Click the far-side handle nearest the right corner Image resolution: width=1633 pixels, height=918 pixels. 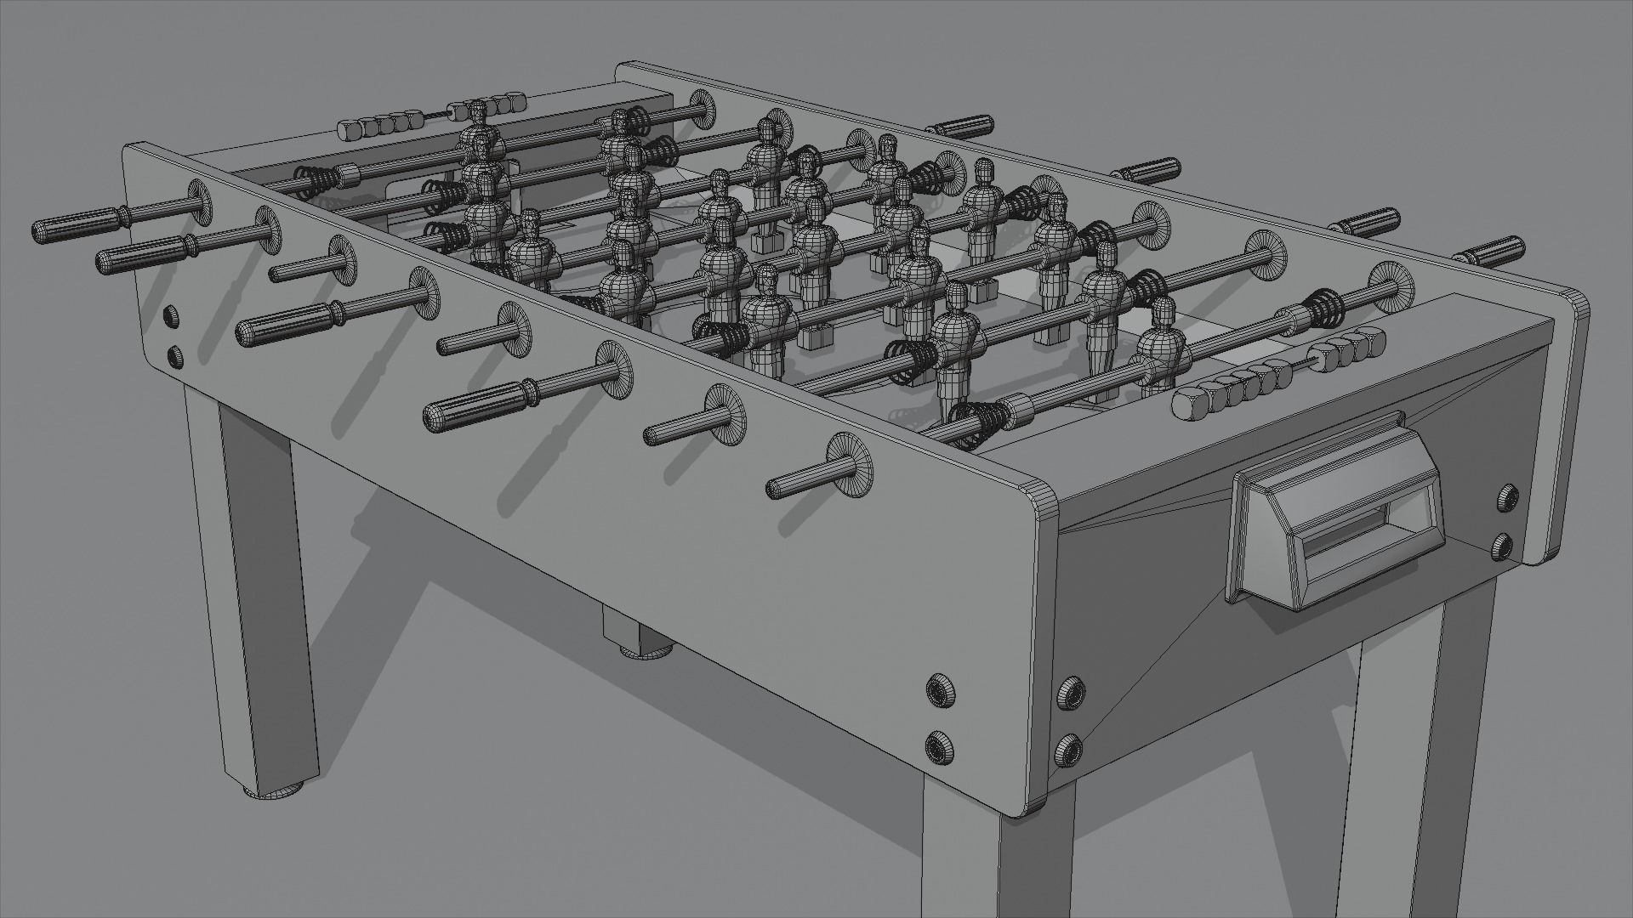click(x=1488, y=252)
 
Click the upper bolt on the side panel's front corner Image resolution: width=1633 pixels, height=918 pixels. click(x=938, y=689)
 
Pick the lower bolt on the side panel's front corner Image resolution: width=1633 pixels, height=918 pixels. click(x=939, y=746)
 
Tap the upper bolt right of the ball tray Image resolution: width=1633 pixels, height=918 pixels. click(x=1509, y=496)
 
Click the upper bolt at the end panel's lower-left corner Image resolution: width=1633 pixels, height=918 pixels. click(x=1068, y=692)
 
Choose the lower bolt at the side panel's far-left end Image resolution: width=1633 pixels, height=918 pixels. click(x=175, y=357)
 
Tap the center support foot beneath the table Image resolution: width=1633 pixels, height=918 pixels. click(x=646, y=651)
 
